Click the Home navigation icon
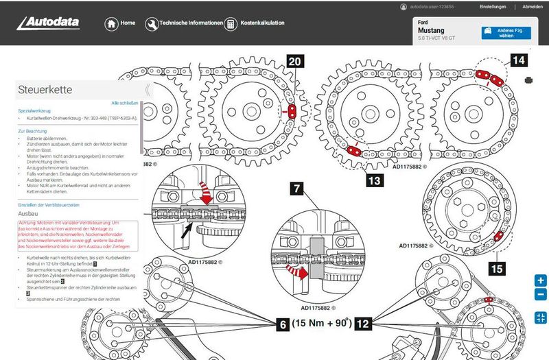(111, 23)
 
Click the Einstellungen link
(493, 7)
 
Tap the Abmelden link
(532, 7)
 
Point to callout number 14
(518, 61)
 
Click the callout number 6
(282, 323)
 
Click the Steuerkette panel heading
(45, 89)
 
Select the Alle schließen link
(125, 103)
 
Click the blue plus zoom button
(540, 280)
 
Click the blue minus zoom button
(540, 295)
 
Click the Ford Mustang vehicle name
(431, 32)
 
